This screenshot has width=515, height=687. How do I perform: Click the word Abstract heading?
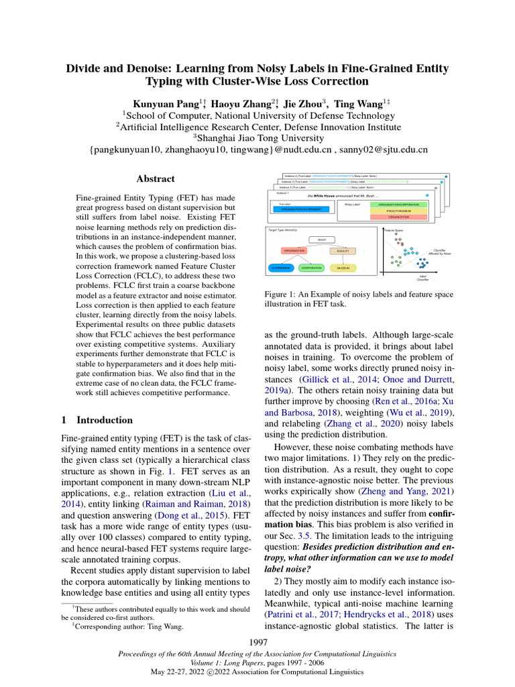coord(156,179)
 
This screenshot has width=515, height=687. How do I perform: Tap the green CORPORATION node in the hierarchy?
coord(310,268)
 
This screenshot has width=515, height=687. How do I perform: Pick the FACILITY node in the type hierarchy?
coord(345,251)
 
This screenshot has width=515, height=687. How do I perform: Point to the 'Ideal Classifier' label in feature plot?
coord(423,276)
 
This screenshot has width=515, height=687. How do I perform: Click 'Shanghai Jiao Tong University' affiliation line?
coord(257,138)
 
